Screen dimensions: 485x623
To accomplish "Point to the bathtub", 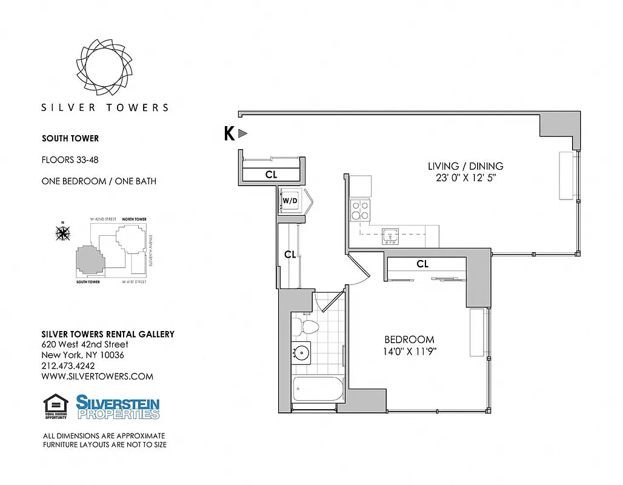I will tap(318, 389).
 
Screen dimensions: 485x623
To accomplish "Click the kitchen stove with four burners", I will tap(361, 210).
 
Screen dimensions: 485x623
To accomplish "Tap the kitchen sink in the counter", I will tap(389, 236).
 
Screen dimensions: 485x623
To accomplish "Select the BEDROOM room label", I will tap(409, 339).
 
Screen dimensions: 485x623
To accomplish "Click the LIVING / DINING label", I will tap(465, 166).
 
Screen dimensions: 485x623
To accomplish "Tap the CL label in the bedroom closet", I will tap(422, 264).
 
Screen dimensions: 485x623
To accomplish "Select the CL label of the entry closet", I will tap(272, 175).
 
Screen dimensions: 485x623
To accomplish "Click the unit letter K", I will tap(229, 134).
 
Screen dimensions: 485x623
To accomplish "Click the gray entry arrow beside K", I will tap(242, 134).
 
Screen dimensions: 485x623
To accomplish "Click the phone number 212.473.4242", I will tap(68, 366).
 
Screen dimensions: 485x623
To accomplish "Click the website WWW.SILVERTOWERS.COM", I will tap(97, 376).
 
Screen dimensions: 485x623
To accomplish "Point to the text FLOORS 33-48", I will tap(70, 161).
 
